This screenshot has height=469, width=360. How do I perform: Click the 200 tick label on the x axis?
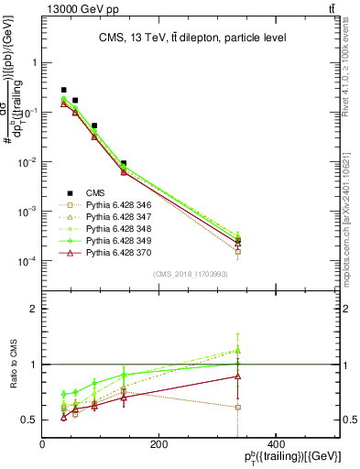(158, 445)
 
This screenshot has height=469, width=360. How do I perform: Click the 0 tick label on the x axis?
(42, 445)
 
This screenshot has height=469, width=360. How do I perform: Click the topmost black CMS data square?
(63, 90)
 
